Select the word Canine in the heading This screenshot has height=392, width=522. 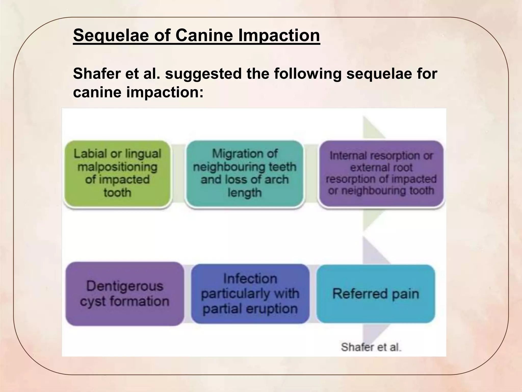[204, 35]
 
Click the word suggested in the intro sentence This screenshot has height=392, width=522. [203, 74]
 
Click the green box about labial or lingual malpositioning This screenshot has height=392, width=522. [117, 174]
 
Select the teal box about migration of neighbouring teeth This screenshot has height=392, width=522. [245, 174]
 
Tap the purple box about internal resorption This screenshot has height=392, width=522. [381, 174]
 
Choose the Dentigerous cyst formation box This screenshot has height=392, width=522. [125, 294]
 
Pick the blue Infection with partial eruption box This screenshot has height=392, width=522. [250, 294]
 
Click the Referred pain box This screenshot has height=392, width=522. [375, 294]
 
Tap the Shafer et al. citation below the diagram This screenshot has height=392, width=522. [371, 347]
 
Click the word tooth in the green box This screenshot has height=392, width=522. [117, 192]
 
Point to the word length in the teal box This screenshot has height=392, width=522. [245, 192]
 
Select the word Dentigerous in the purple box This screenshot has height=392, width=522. [125, 286]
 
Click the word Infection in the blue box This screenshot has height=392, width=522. [250, 278]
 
